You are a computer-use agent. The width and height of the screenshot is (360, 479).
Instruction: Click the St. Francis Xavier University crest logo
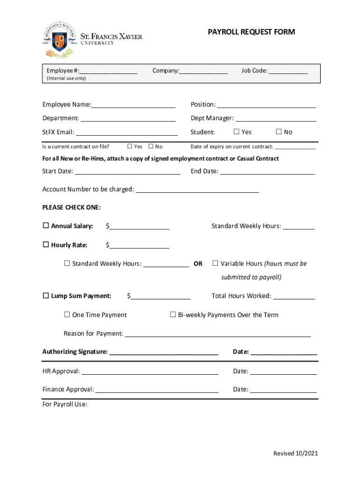pos(58,39)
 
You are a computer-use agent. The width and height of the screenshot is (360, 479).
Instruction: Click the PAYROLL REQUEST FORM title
pos(251,32)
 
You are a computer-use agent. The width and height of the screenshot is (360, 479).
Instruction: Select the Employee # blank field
pos(108,71)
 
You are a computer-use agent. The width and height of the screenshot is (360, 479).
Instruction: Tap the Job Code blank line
pos(288,71)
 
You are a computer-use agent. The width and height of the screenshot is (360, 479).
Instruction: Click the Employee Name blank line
pos(133,104)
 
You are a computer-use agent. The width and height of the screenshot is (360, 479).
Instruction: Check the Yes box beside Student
pos(236,132)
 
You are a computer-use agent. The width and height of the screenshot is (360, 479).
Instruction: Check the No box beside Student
pos(279,132)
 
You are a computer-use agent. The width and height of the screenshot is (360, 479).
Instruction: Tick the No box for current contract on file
pos(151,146)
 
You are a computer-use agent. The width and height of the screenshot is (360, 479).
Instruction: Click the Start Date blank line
pos(128,171)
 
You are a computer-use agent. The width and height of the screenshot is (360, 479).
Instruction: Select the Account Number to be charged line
pos(197,189)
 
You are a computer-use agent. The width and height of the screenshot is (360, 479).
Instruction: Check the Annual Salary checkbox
pos(46,226)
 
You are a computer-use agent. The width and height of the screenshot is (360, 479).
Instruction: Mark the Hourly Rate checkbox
pos(46,245)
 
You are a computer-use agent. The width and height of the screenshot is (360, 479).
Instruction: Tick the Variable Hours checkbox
pos(216,263)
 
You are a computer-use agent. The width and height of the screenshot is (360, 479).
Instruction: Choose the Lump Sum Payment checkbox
pos(46,296)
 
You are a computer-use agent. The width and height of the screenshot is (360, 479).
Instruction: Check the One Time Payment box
pos(67,315)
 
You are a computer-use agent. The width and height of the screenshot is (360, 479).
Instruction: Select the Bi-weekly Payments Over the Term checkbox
pos(173,315)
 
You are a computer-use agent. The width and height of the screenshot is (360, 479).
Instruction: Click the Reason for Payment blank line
pos(218,334)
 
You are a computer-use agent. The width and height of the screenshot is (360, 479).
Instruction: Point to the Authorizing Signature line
pos(164,352)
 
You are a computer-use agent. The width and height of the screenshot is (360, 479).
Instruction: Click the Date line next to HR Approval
pos(283,371)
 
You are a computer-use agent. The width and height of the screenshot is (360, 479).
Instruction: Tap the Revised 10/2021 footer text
pos(295,453)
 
